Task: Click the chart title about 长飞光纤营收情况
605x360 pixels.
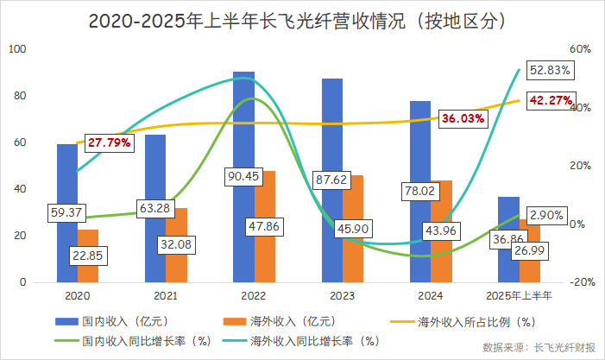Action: (x=302, y=19)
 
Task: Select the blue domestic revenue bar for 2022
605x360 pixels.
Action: (x=243, y=129)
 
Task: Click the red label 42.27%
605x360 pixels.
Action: (x=551, y=100)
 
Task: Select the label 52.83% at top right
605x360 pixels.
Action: (x=552, y=70)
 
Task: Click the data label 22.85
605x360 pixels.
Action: (x=89, y=256)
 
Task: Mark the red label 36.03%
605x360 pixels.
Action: (x=463, y=118)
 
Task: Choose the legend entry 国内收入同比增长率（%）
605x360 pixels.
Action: (x=147, y=341)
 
